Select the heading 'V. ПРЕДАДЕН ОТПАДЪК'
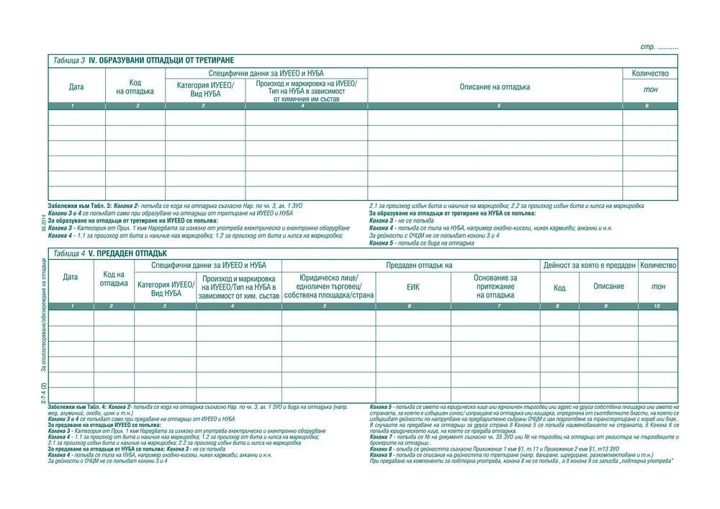pyautogui.click(x=127, y=253)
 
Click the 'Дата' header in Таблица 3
pyautogui.click(x=76, y=87)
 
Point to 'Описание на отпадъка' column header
pyautogui.click(x=495, y=87)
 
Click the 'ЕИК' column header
pyautogui.click(x=413, y=287)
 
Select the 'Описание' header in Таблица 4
pyautogui.click(x=608, y=287)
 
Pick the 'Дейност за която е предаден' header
pyautogui.click(x=589, y=266)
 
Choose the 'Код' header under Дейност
pyautogui.click(x=559, y=287)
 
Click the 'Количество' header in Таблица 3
pyautogui.click(x=650, y=73)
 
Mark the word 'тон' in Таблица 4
pyautogui.click(x=658, y=287)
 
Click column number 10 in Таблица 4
pyautogui.click(x=658, y=307)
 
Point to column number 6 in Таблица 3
pyautogui.click(x=647, y=106)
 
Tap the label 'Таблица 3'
pyautogui.click(x=69, y=60)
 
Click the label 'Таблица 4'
pyautogui.click(x=69, y=253)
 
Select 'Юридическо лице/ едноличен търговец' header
pyautogui.click(x=328, y=287)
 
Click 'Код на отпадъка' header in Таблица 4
pyautogui.click(x=114, y=279)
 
